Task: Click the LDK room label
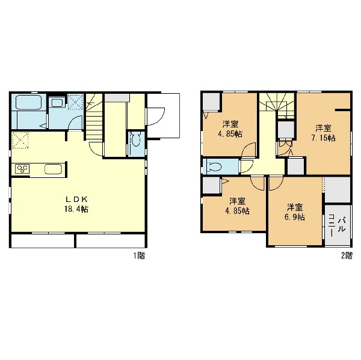76,199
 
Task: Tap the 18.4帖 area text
76,209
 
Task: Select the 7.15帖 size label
323,138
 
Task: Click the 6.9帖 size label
295,217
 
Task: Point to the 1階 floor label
140,255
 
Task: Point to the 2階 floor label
347,255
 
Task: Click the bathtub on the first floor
28,102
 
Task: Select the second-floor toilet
214,166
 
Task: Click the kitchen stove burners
22,169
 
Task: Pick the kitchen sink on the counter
53,169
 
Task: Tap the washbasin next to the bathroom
57,102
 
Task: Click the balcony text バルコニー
336,225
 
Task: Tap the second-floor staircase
277,106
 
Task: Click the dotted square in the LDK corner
20,140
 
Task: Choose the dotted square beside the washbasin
75,101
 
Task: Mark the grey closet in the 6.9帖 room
338,190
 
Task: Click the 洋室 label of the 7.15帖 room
323,127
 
